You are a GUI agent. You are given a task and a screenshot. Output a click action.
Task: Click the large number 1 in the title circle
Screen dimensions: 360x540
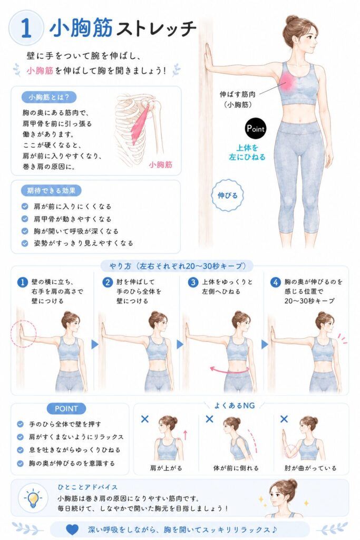point(26,28)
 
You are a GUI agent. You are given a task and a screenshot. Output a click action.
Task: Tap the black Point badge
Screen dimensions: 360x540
point(255,129)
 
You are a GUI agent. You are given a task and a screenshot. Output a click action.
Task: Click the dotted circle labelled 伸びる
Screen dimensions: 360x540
point(227,196)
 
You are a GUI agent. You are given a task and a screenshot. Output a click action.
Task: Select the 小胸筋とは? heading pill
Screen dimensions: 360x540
point(49,98)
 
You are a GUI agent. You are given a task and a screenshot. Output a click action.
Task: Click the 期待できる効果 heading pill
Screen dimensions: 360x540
point(52,190)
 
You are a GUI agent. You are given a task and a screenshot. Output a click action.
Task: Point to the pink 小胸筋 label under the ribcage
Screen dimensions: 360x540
point(160,165)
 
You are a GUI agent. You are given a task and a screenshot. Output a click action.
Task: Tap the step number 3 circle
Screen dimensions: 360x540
point(193,283)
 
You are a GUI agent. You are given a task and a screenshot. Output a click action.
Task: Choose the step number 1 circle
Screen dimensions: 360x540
point(22,283)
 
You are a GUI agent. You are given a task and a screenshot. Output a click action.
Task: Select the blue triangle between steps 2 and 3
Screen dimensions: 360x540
point(180,344)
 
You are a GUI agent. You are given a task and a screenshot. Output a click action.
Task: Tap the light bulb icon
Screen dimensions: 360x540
point(33,498)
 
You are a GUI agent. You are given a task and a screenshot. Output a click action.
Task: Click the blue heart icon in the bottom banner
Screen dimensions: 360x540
point(72,529)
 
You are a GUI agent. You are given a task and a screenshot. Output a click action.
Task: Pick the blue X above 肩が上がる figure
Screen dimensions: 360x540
point(145,419)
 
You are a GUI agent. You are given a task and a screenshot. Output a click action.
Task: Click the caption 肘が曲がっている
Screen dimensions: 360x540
point(310,468)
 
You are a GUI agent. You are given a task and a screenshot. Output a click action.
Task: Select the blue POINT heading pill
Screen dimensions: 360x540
point(66,409)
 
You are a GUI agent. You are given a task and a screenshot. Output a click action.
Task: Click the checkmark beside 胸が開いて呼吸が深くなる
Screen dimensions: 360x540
point(25,231)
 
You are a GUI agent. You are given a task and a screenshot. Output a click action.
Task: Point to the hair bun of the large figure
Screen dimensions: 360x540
point(292,20)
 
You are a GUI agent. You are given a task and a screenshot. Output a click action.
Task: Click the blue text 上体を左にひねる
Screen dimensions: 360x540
point(247,152)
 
